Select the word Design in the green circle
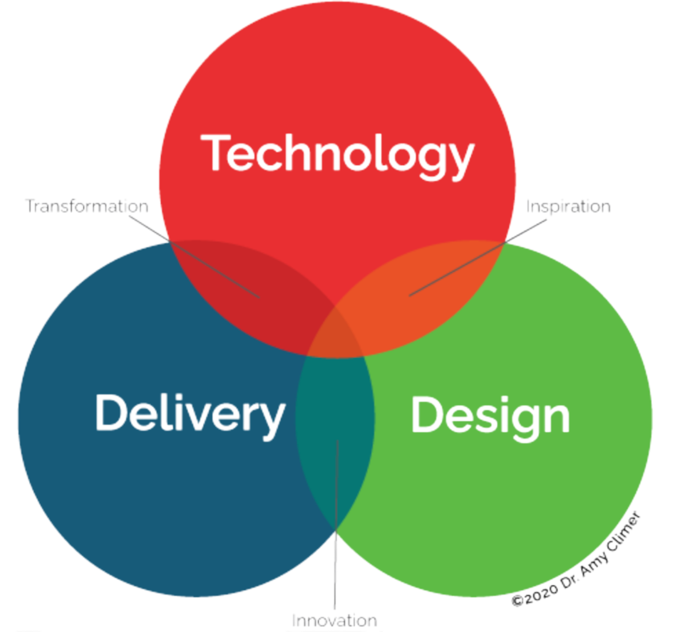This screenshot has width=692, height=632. [490, 416]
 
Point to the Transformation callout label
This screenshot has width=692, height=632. [87, 206]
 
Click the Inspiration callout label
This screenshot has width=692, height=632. [568, 206]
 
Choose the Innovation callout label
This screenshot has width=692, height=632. [335, 620]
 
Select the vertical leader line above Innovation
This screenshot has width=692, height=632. [336, 527]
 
